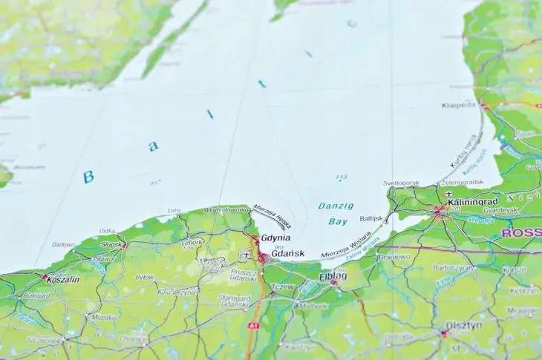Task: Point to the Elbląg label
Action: [332, 277]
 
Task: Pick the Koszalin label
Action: [62, 280]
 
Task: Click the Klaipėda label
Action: [458, 105]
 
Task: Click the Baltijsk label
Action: [370, 219]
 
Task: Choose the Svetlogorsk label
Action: [401, 183]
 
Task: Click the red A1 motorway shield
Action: [255, 326]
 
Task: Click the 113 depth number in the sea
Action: [342, 177]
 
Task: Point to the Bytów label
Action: [144, 278]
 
